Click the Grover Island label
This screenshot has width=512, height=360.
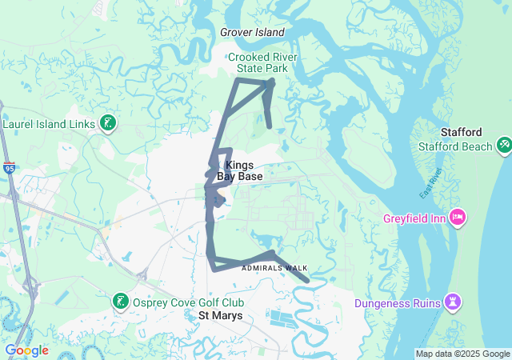252,33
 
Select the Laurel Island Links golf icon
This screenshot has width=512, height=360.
106,123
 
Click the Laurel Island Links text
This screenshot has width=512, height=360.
49,124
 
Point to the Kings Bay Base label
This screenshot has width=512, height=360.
234,170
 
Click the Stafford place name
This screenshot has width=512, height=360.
462,132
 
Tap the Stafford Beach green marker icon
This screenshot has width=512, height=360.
505,146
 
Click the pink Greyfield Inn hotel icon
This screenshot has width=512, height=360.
458,216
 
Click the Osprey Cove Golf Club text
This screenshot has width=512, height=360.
188,302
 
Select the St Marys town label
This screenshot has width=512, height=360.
220,316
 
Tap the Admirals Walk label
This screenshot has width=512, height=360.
274,268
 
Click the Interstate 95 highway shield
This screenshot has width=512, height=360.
9,168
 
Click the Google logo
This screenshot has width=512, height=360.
26,350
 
